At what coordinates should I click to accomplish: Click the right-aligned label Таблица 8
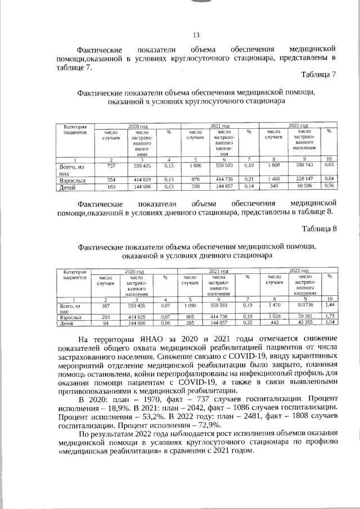point(318,228)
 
